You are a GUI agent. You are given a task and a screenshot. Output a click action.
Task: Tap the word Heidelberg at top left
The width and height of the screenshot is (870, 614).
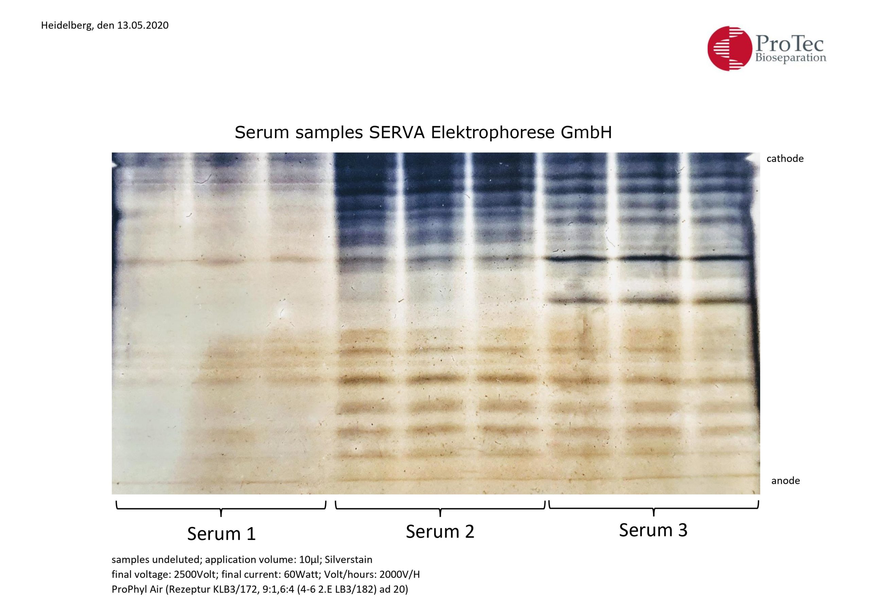pos(66,26)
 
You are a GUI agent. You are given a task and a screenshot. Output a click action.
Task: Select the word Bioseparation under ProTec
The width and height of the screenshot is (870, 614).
pos(791,58)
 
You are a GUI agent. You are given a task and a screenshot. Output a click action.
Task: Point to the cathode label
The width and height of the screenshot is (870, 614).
pos(785,158)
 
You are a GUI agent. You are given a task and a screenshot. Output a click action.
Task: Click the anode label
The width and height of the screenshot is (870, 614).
pos(785,481)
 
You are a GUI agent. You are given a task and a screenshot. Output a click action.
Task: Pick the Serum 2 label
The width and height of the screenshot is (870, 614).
pos(440,532)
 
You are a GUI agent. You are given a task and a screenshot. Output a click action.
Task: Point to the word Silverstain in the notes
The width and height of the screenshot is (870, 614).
pos(348,559)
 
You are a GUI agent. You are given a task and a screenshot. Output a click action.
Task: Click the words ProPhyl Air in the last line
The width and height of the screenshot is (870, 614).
pos(137,590)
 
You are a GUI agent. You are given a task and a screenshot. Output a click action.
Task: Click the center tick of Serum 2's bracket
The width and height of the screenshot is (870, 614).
pos(440,513)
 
